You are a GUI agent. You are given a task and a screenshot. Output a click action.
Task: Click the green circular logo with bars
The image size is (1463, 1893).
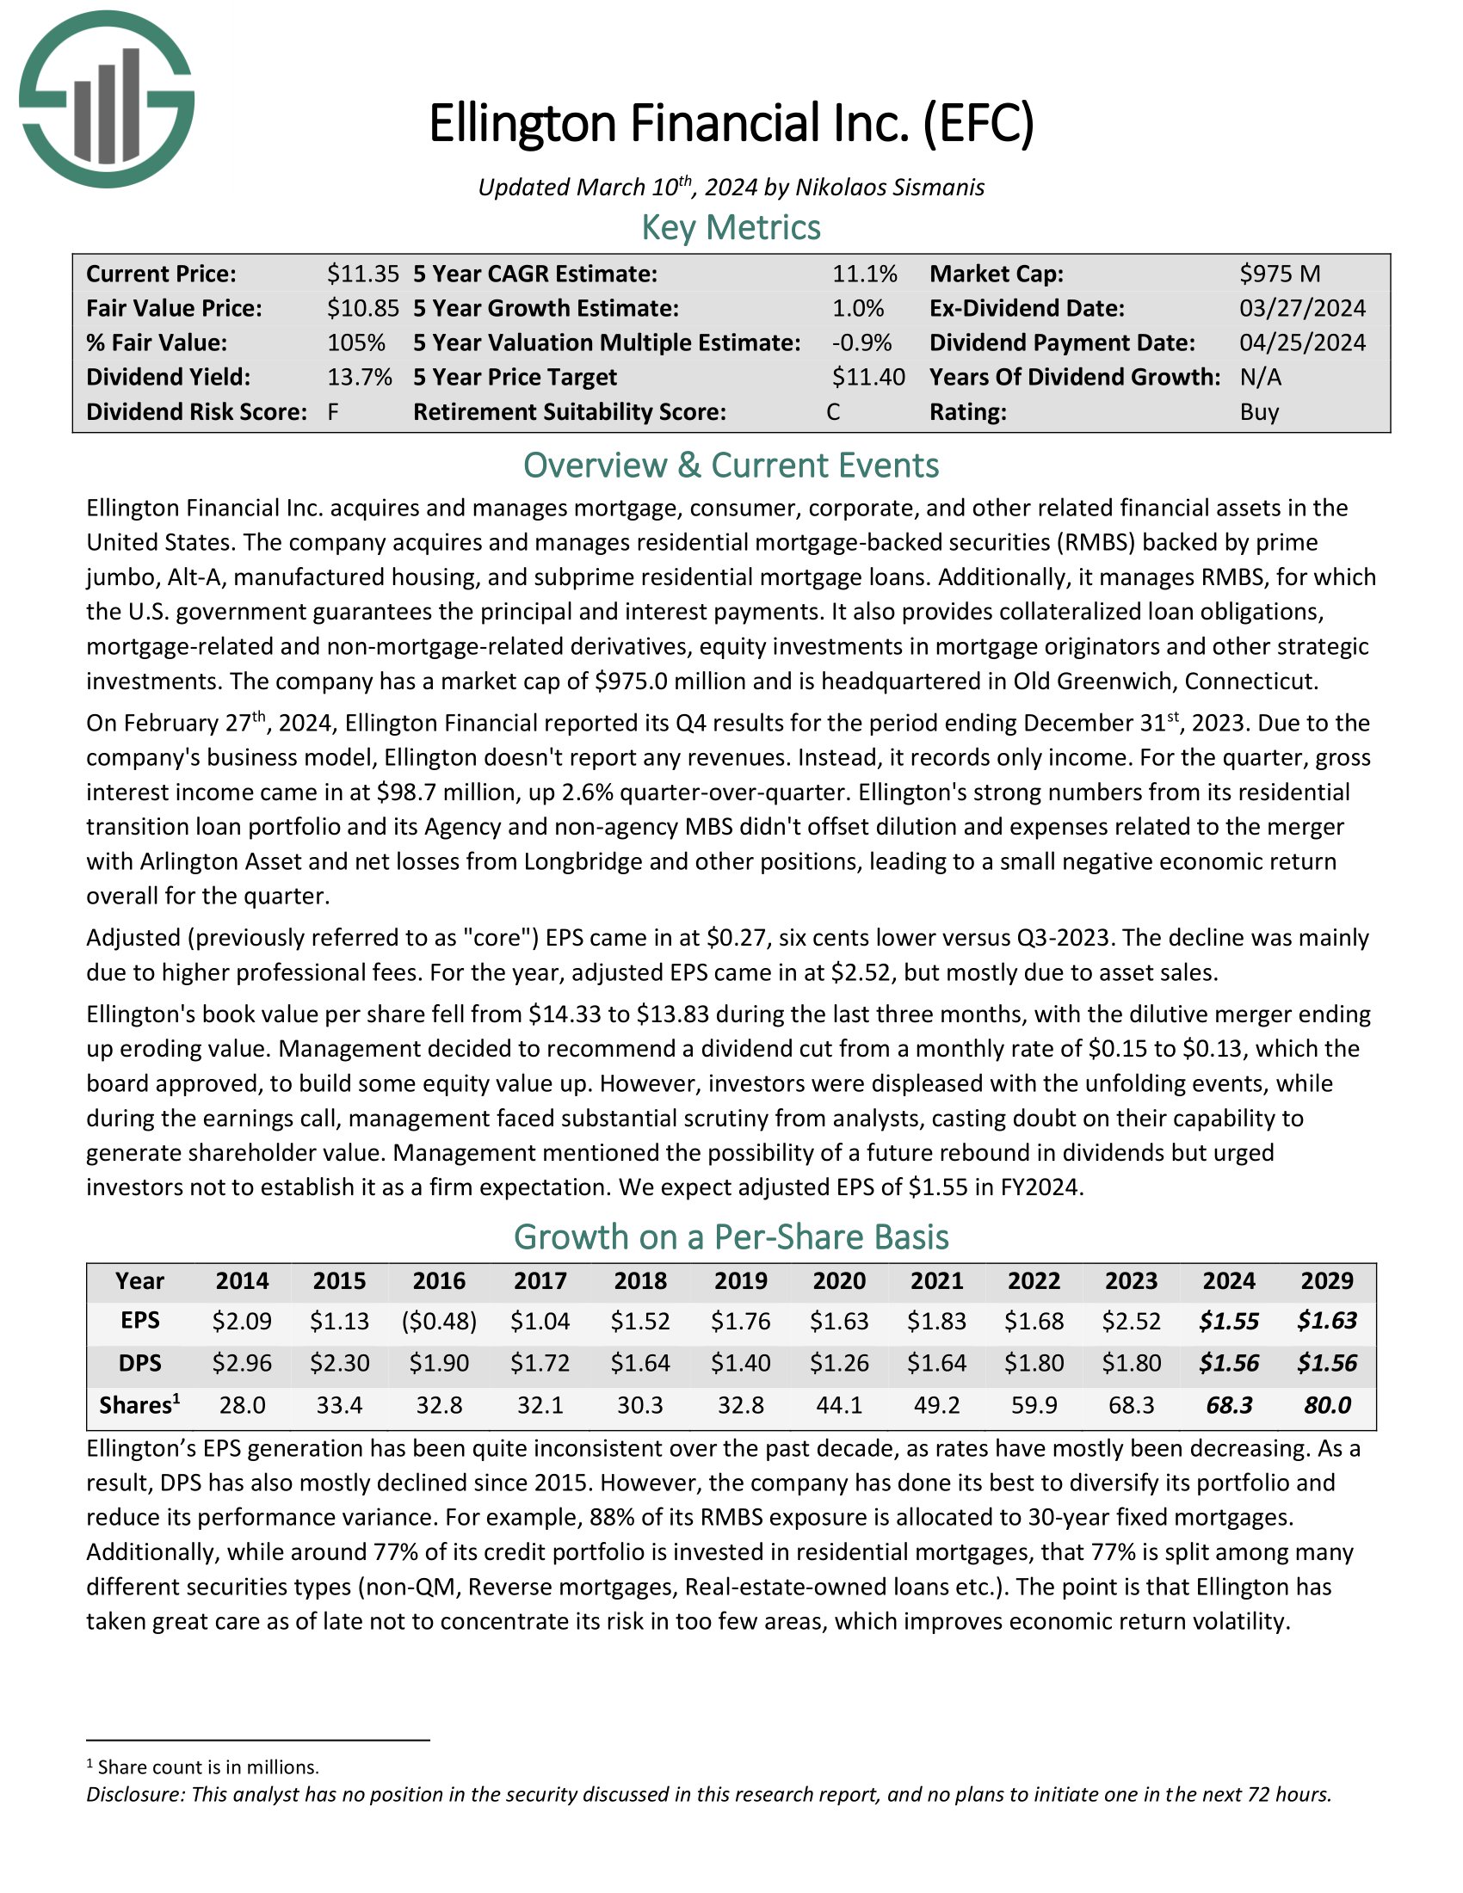coord(107,99)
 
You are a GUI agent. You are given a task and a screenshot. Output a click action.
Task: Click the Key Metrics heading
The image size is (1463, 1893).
coord(731,228)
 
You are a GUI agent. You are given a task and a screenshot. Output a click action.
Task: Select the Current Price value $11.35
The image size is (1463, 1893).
coord(362,274)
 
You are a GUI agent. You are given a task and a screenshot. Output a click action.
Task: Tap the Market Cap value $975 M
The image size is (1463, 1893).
coord(1279,274)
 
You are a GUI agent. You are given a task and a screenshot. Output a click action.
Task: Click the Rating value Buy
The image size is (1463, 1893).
coord(1258,411)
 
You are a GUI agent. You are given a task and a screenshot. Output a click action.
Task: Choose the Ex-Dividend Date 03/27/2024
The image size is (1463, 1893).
coord(1302,309)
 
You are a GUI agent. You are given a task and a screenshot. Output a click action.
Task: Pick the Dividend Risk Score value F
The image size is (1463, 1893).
coord(333,411)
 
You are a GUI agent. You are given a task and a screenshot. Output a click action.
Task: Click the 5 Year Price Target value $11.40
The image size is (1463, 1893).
coord(867,377)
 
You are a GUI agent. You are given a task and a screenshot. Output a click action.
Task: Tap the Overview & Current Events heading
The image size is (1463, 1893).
coord(731,466)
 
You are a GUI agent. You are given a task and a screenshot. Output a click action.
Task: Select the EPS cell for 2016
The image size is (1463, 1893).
coord(440,1321)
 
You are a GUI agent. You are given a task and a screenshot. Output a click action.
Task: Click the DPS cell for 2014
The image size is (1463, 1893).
coord(242,1363)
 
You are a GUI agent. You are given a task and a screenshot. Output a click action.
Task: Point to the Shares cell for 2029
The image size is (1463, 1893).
coord(1327,1405)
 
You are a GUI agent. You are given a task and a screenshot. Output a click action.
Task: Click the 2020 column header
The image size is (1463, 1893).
coord(839,1280)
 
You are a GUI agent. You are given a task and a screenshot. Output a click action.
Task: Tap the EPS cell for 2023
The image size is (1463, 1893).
coord(1131,1321)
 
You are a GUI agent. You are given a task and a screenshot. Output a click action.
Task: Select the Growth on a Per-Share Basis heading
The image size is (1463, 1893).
coord(731,1236)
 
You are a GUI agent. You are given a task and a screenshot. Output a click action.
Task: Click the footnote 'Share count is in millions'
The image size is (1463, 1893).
coord(208,1767)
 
